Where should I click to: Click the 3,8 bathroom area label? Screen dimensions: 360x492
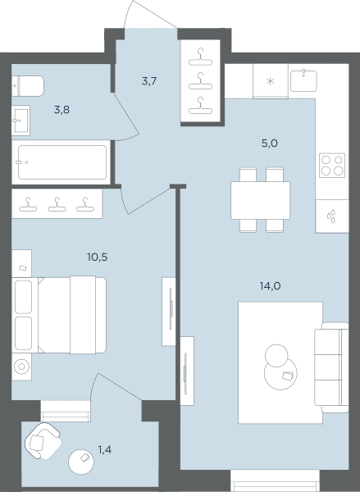(x=62, y=110)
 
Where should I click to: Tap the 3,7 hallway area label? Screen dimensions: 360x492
(x=149, y=81)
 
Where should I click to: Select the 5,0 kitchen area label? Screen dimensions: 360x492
(x=270, y=143)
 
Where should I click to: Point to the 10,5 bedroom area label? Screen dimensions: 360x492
(x=98, y=257)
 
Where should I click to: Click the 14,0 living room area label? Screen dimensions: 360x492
(x=271, y=286)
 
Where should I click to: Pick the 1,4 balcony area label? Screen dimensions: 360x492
(x=105, y=450)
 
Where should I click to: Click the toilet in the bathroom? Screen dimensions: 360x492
(x=28, y=85)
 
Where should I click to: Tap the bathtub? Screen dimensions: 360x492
(x=62, y=162)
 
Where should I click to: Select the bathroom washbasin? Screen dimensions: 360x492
(x=21, y=121)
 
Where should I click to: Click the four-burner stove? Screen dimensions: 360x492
(x=332, y=166)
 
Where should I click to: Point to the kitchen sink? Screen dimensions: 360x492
(x=303, y=81)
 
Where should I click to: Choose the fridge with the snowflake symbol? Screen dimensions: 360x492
(x=271, y=81)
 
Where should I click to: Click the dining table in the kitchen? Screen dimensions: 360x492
(x=260, y=200)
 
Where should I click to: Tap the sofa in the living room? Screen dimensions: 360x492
(x=331, y=367)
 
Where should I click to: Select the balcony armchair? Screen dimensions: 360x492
(x=43, y=441)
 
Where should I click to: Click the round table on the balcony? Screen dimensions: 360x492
(x=81, y=462)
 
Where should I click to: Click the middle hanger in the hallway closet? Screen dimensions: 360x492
(x=201, y=81)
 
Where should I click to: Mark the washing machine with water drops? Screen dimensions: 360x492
(x=332, y=216)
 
